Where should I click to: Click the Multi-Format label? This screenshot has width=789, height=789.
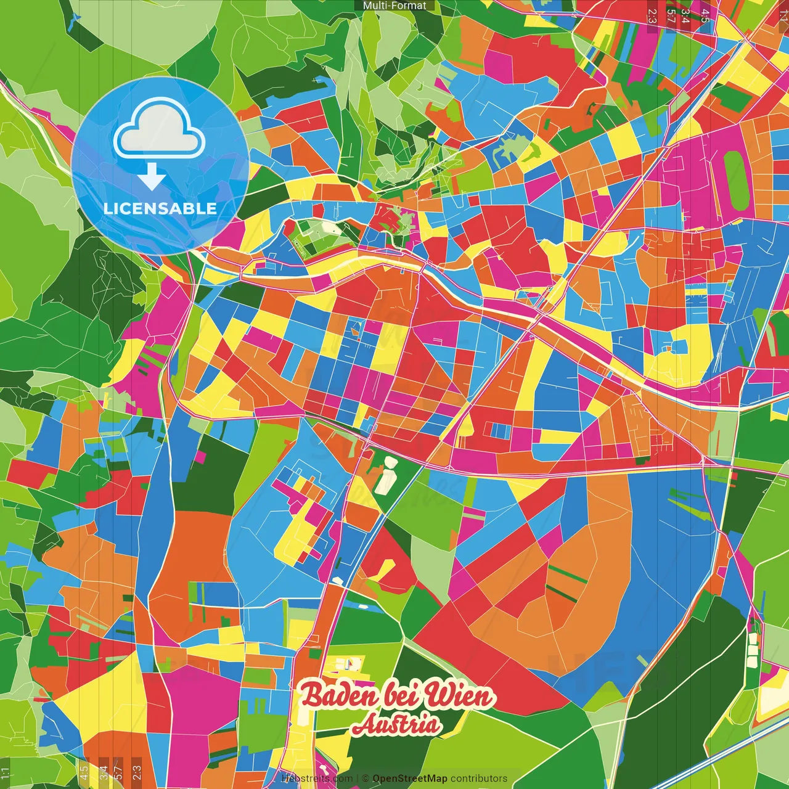coord(394,6)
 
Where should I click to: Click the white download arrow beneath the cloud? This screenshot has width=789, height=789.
coord(152,178)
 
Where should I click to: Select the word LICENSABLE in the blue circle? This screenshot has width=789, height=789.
coord(160,208)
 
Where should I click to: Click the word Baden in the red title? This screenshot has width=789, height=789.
coord(338,697)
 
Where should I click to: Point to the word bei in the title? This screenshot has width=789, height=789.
coord(401,697)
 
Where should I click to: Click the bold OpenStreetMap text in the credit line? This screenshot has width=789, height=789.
coord(410,779)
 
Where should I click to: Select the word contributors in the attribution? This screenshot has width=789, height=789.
coord(478,779)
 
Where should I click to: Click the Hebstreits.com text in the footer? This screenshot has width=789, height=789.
coord(317,779)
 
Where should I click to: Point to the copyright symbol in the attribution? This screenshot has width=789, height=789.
coord(365,779)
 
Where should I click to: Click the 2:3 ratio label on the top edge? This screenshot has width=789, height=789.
coord(652,15)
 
